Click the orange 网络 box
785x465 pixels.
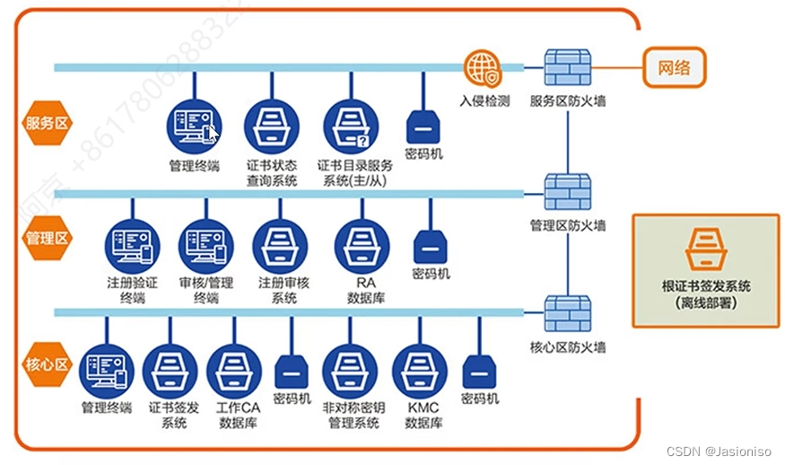pyautogui.click(x=674, y=66)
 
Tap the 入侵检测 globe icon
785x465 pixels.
pyautogui.click(x=483, y=68)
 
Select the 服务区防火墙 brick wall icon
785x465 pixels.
pyautogui.click(x=567, y=67)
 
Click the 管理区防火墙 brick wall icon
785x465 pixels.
pyautogui.click(x=567, y=190)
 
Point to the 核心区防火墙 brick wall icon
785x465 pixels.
pyautogui.click(x=567, y=313)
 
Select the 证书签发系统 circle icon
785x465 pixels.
pyautogui.click(x=170, y=371)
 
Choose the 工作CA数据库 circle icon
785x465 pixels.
pyautogui.click(x=233, y=371)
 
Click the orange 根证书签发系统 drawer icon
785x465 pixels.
pyautogui.click(x=705, y=249)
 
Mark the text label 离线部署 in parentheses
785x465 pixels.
pyautogui.click(x=706, y=304)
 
